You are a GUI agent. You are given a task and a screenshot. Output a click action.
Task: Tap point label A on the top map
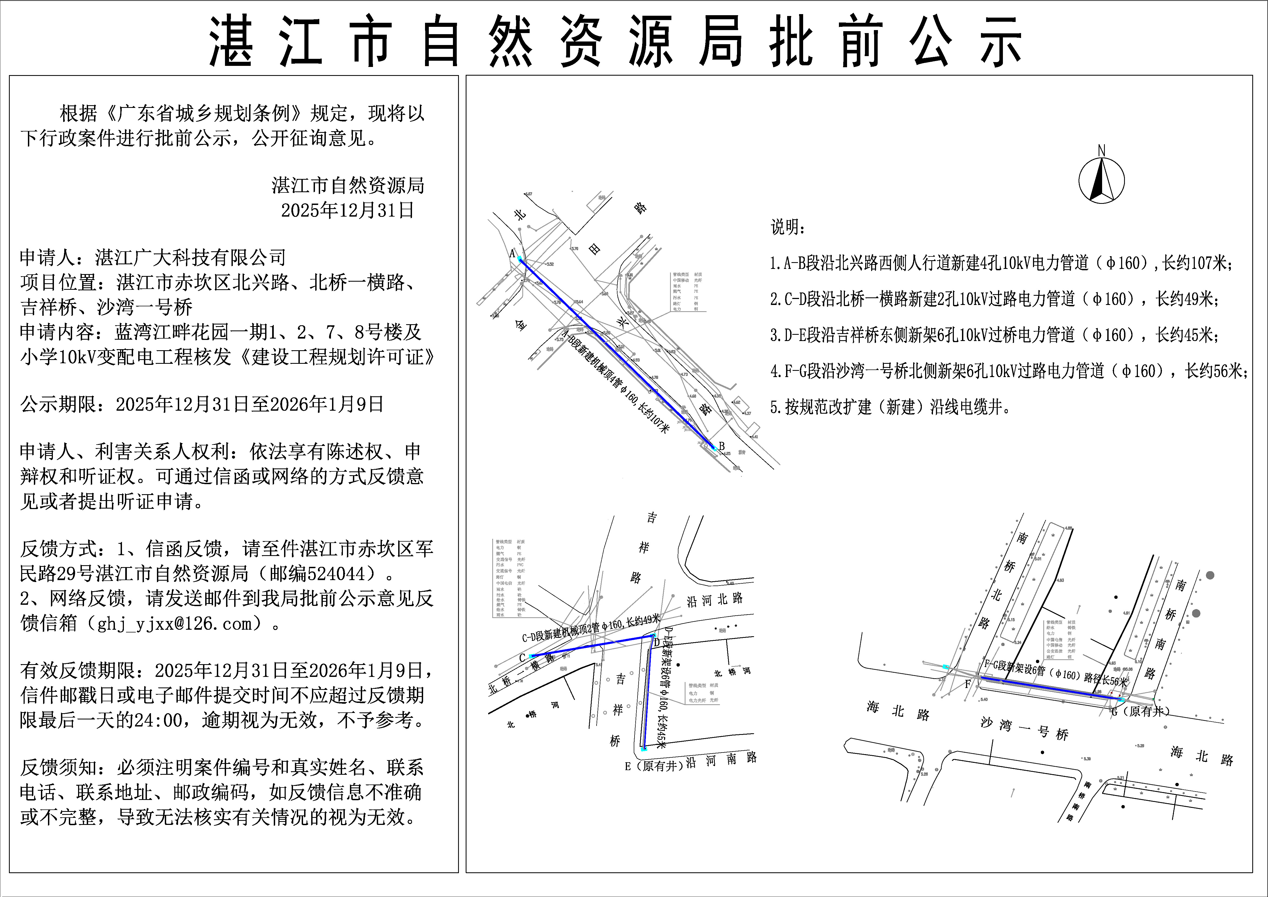tap(512, 253)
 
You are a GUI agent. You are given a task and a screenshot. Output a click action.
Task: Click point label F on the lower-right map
tap(967, 685)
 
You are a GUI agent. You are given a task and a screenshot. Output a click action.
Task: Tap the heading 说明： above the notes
tap(788, 226)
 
